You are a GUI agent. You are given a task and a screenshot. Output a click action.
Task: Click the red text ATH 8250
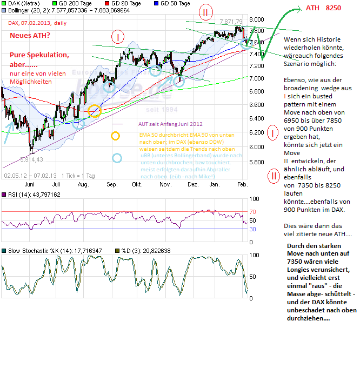323,9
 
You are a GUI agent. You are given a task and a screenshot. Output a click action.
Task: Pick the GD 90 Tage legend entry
123,3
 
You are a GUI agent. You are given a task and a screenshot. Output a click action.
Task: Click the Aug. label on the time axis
83,184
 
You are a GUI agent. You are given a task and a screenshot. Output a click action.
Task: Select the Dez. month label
193,184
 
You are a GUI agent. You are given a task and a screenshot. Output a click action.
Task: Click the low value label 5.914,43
32,159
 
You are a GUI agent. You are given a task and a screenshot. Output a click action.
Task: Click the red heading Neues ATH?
30,35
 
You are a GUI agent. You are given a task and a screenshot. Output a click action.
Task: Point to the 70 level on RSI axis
252,211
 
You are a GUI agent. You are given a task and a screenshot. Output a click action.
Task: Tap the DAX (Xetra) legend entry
23,3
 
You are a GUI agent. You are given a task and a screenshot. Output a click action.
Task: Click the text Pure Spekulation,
39,55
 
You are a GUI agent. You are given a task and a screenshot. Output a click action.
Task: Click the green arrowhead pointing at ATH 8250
299,9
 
